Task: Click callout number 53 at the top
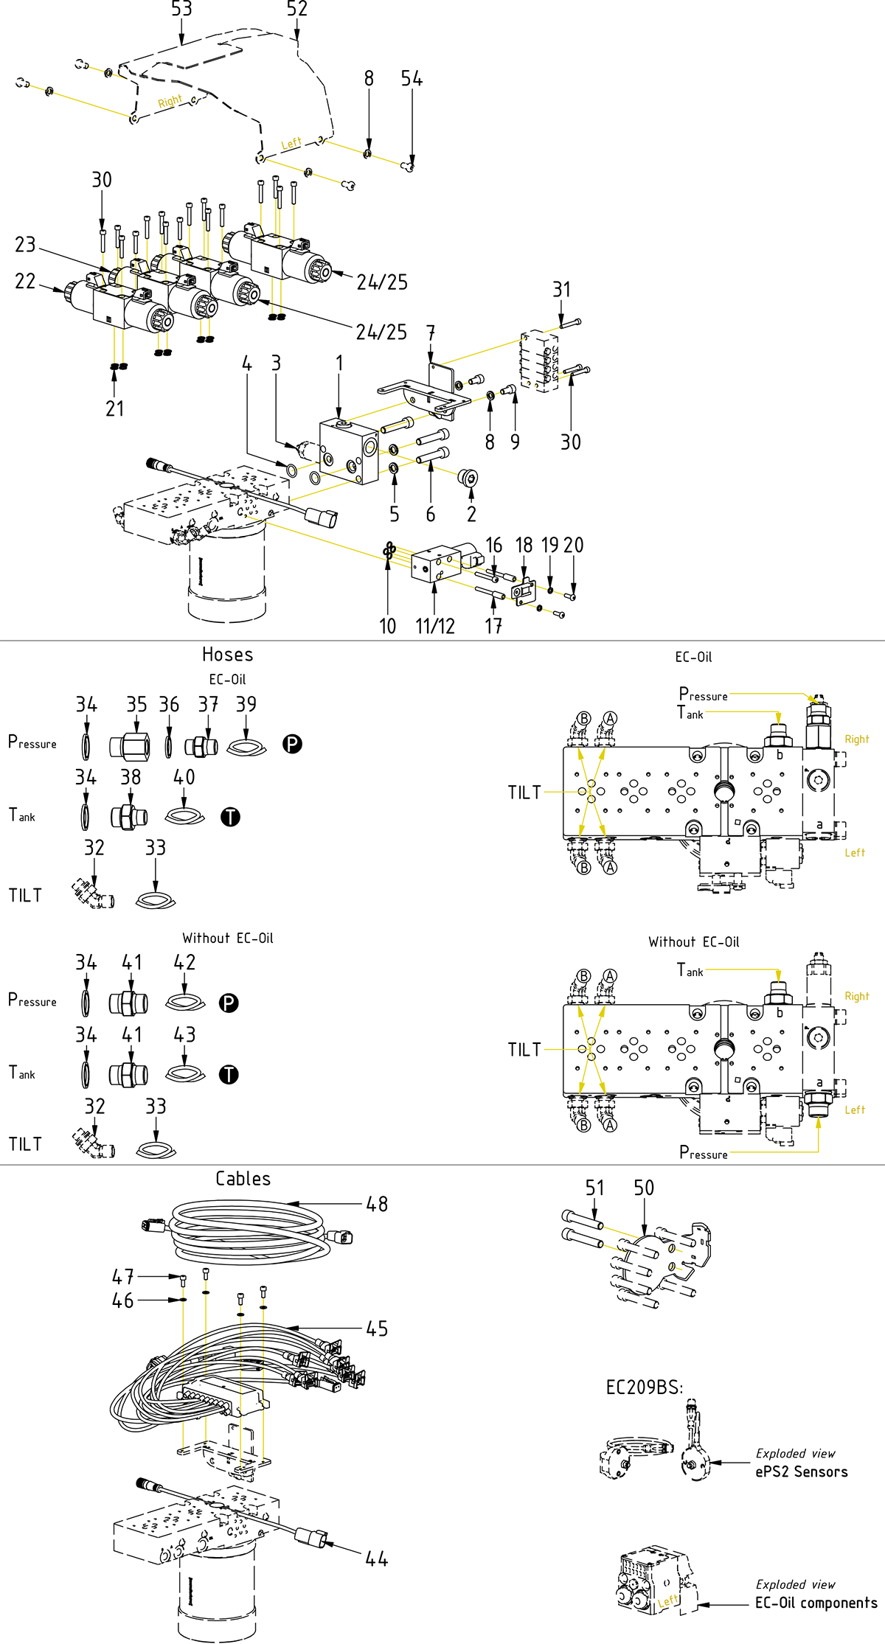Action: (x=181, y=10)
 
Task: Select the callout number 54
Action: (x=412, y=79)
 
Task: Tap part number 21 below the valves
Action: (x=114, y=408)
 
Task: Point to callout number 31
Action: (x=561, y=290)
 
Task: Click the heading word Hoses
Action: (x=227, y=655)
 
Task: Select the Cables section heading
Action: (x=243, y=1179)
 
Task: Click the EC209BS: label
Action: (x=644, y=1387)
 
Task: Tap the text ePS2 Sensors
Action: (x=801, y=1471)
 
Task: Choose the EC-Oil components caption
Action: (x=816, y=1603)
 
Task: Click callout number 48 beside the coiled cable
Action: (x=377, y=1204)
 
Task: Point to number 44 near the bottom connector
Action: (x=376, y=1558)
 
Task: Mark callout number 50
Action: (x=644, y=1188)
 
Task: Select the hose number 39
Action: (x=246, y=704)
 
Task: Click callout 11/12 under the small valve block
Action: (x=434, y=626)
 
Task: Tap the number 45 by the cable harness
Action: (x=377, y=1328)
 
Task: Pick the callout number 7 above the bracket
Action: (x=431, y=333)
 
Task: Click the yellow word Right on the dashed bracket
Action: (x=170, y=101)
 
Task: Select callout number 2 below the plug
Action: (x=471, y=514)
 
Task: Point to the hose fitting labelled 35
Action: (x=136, y=704)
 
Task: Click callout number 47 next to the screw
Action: (x=123, y=1276)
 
